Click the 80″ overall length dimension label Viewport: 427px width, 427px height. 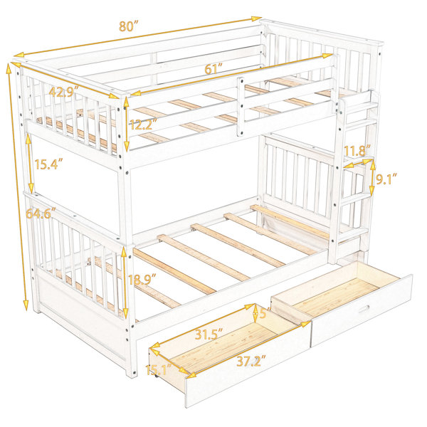(x=129, y=26)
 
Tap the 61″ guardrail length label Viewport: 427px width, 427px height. (x=213, y=68)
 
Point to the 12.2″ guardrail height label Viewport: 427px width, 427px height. (x=144, y=125)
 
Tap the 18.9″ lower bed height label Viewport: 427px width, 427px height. (x=142, y=280)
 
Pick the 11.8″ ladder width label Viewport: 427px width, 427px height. (x=357, y=151)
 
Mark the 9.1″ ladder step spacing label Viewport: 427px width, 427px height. (x=386, y=179)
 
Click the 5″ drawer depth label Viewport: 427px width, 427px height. (x=264, y=313)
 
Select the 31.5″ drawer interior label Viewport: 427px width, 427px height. (x=209, y=334)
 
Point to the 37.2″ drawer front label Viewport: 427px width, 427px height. (x=251, y=361)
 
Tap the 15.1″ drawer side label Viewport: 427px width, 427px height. (x=159, y=369)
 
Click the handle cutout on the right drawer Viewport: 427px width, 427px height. (x=364, y=309)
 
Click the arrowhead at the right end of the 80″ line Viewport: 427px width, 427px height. (x=256, y=19)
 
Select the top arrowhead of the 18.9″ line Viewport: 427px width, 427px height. (x=124, y=253)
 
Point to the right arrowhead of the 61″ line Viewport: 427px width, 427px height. (x=328, y=56)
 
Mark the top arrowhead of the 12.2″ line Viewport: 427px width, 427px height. (x=126, y=102)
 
